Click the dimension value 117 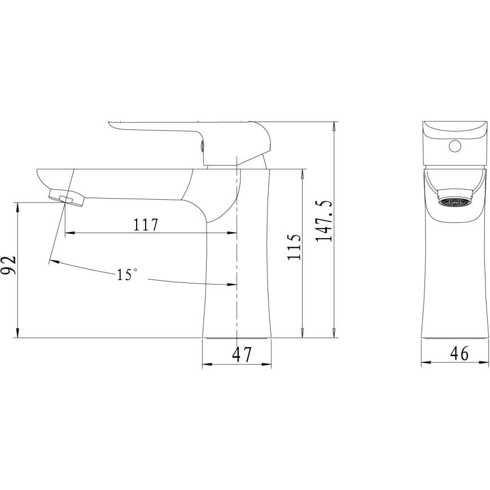(145, 225)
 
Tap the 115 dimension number (294, 247)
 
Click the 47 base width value (242, 355)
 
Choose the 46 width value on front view (460, 353)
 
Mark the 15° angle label (127, 275)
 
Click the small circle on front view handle (455, 148)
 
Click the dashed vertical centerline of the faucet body (236, 254)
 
